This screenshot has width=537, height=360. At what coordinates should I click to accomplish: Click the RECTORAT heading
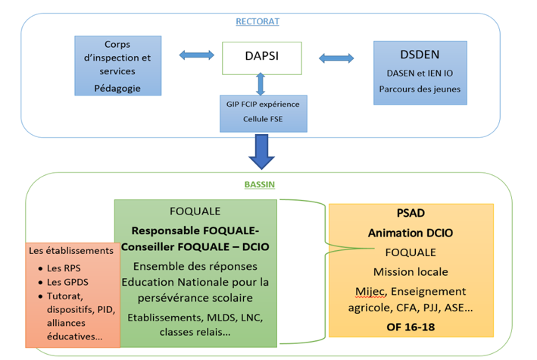(x=258, y=21)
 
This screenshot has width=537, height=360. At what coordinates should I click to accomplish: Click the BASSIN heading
(x=260, y=184)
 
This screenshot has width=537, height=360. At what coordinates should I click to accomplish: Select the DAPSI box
(x=261, y=58)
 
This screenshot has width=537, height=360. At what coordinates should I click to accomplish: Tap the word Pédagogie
(x=117, y=87)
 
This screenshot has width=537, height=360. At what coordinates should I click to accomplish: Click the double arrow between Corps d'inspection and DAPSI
(x=197, y=55)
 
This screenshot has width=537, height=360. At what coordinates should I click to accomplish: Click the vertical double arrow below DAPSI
(x=261, y=83)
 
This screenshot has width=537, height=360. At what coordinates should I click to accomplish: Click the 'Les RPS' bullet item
(x=61, y=268)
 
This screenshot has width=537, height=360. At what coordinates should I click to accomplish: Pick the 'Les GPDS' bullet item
(x=65, y=283)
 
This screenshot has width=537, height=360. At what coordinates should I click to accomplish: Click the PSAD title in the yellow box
(x=411, y=215)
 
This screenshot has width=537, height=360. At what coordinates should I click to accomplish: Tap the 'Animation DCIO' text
(x=411, y=233)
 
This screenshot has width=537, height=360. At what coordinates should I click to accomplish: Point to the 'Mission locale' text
(x=411, y=271)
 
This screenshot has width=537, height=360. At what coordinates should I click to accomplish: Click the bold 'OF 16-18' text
(x=411, y=327)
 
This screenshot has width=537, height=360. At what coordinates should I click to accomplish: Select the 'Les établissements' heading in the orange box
(x=70, y=250)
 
